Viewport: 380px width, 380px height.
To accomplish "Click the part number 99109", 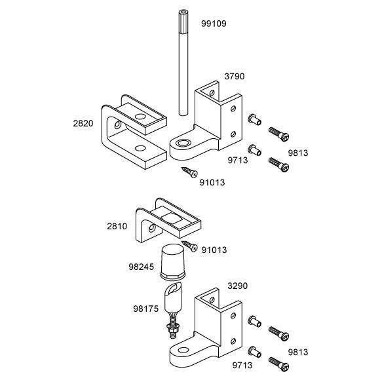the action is pyautogui.click(x=214, y=24).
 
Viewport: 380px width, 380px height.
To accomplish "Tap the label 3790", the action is pyautogui.click(x=235, y=77).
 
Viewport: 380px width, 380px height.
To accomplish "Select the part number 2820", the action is pyautogui.click(x=83, y=123).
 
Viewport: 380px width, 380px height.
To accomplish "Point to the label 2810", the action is pyautogui.click(x=117, y=226).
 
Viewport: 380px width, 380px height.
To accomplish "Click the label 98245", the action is pyautogui.click(x=142, y=267).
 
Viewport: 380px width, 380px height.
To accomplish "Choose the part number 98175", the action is pyautogui.click(x=146, y=309).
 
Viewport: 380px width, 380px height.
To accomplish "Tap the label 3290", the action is pyautogui.click(x=237, y=286).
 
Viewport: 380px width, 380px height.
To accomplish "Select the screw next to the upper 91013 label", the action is pyautogui.click(x=189, y=172).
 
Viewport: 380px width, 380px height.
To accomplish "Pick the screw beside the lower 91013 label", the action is pyautogui.click(x=190, y=246).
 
